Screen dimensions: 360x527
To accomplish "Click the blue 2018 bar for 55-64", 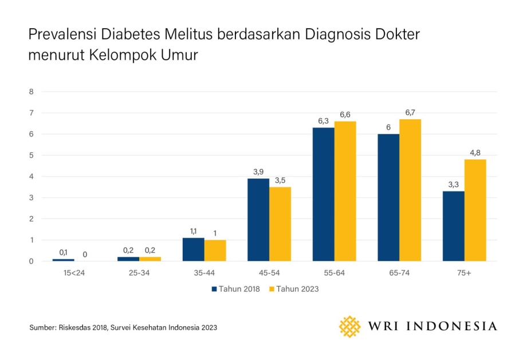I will pyautogui.click(x=323, y=194).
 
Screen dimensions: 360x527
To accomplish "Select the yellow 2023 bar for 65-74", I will pyautogui.click(x=410, y=190).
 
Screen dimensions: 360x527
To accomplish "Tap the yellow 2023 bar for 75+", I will pyautogui.click(x=475, y=210).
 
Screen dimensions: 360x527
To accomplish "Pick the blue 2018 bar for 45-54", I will pyautogui.click(x=258, y=220).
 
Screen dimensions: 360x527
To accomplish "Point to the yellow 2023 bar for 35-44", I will pyautogui.click(x=215, y=251).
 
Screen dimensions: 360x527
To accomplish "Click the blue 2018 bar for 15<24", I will pyautogui.click(x=63, y=260).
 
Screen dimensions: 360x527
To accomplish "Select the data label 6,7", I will pyautogui.click(x=410, y=112).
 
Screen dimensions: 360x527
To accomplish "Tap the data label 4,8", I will pyautogui.click(x=475, y=152).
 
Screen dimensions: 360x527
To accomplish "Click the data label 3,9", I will pyautogui.click(x=258, y=171).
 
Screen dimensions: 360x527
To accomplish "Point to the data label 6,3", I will pyautogui.click(x=323, y=121).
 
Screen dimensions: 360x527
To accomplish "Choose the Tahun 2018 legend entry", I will pyautogui.click(x=235, y=289).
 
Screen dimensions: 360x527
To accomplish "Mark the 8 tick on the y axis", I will pyautogui.click(x=32, y=92).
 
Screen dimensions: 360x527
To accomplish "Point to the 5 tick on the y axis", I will pyautogui.click(x=32, y=155).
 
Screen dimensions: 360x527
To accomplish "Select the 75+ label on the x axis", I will pyautogui.click(x=464, y=273).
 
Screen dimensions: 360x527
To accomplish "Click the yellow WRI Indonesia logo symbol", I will pyautogui.click(x=350, y=326).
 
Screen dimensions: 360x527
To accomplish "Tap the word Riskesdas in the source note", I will pyautogui.click(x=76, y=327).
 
